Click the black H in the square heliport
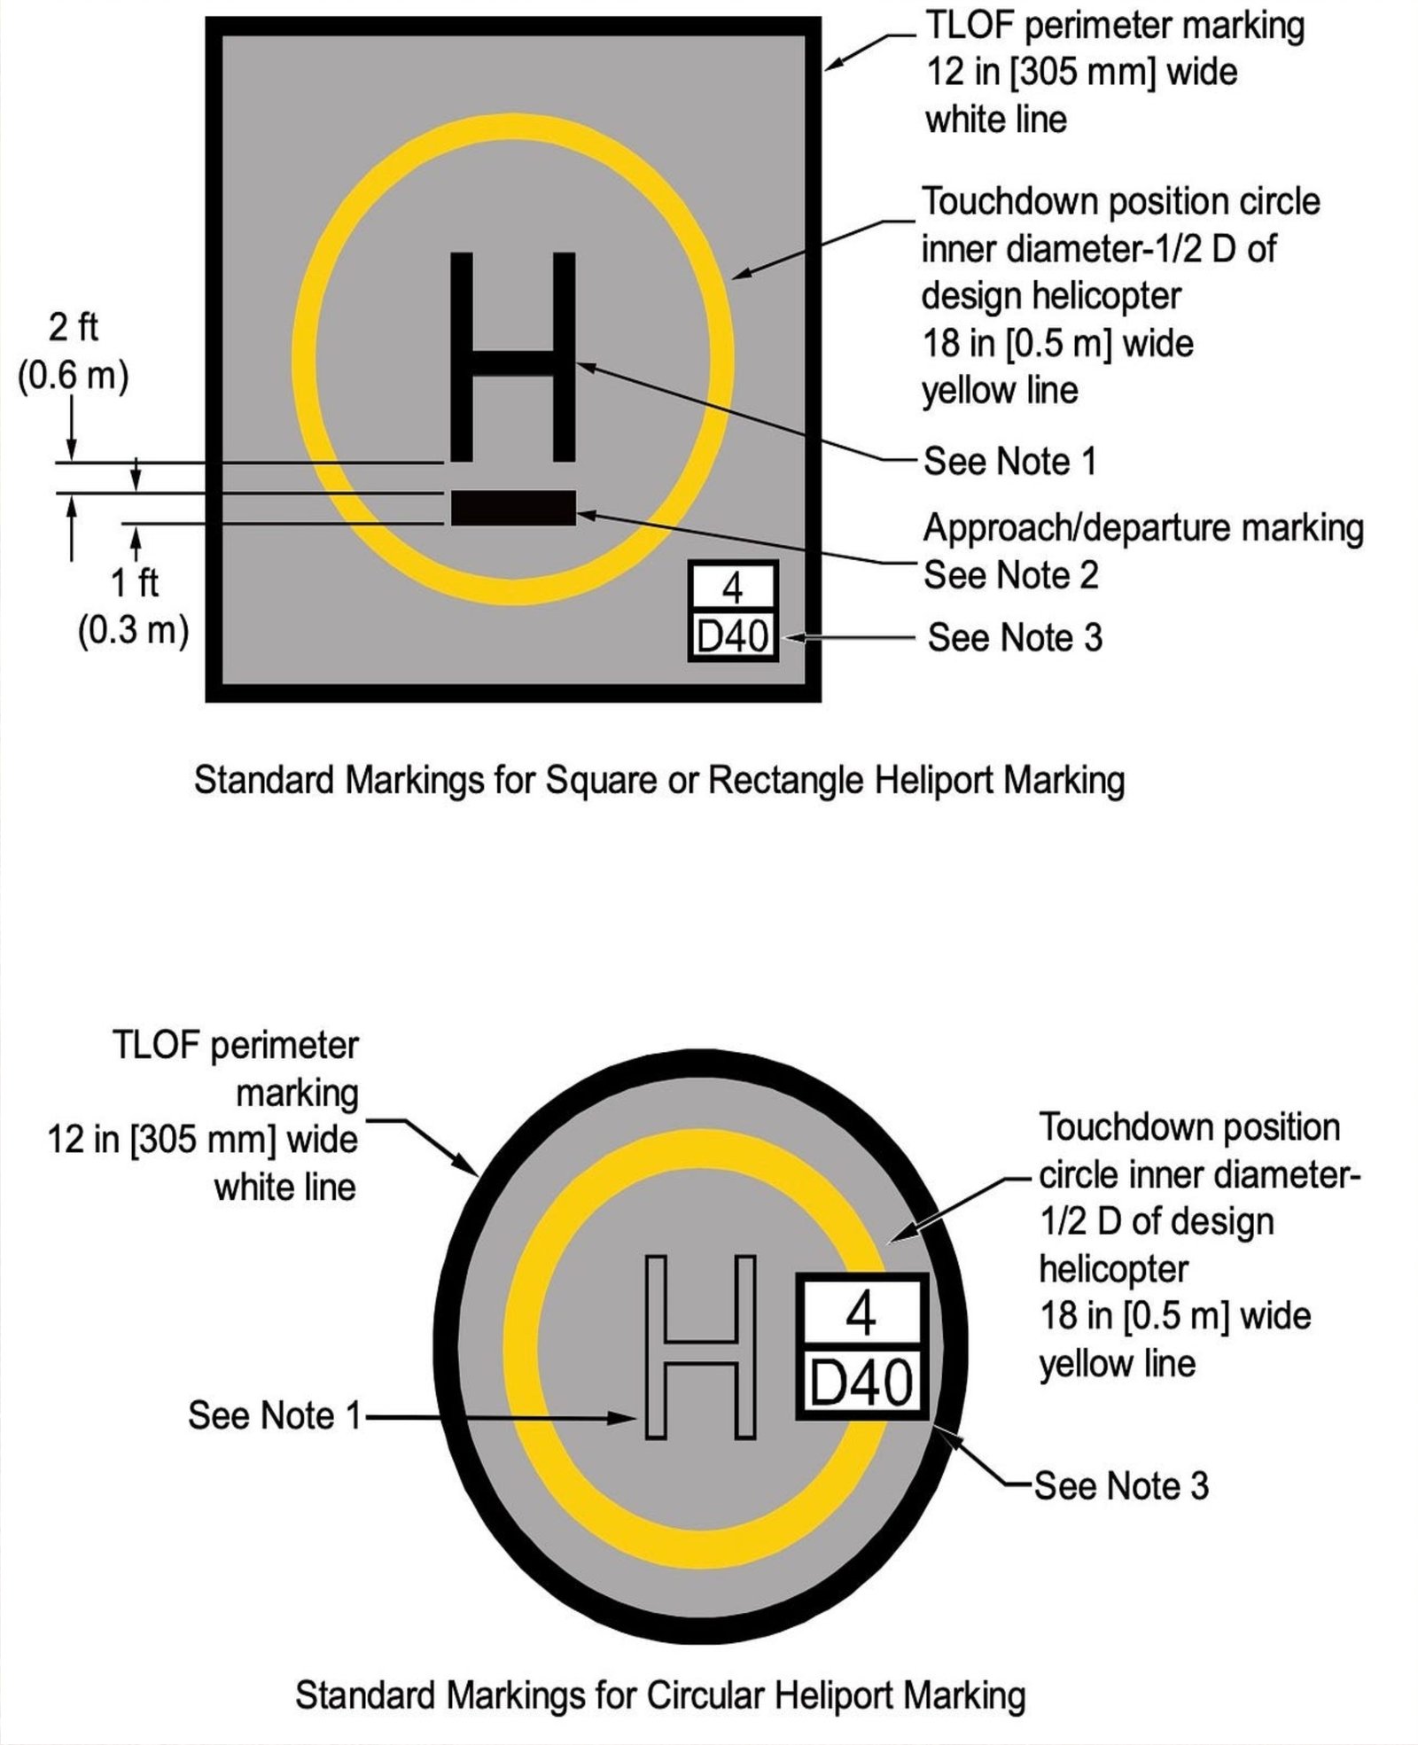(x=513, y=357)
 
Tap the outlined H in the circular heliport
(x=700, y=1346)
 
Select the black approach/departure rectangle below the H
(x=513, y=508)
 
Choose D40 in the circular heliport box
(x=861, y=1383)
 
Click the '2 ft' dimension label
(x=73, y=327)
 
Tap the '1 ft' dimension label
(x=135, y=583)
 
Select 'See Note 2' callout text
(x=1010, y=575)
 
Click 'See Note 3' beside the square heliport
(x=1015, y=637)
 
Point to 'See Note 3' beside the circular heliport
(x=1120, y=1485)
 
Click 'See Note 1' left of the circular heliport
(x=275, y=1415)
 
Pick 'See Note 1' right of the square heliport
(x=1009, y=462)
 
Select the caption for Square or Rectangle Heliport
(x=659, y=781)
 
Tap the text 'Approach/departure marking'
(x=1143, y=528)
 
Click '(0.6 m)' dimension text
(x=73, y=376)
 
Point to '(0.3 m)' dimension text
(x=134, y=631)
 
